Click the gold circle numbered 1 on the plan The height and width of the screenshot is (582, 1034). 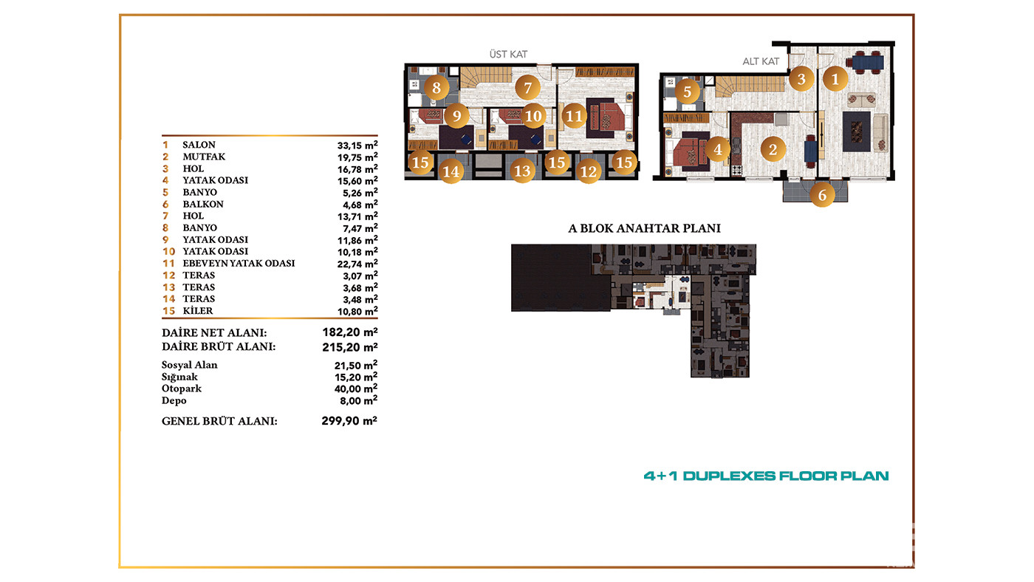(x=835, y=79)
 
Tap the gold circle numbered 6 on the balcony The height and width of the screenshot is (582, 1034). (x=822, y=195)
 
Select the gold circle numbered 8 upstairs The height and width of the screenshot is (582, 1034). (x=436, y=88)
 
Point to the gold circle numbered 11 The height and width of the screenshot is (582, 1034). (x=574, y=116)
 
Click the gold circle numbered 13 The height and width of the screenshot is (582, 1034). (x=522, y=171)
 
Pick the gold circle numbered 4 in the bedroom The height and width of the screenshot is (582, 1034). (x=717, y=149)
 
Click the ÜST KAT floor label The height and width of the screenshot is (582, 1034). (x=508, y=55)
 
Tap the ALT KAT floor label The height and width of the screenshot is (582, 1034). (x=761, y=61)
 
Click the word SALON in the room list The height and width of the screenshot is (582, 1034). (x=199, y=145)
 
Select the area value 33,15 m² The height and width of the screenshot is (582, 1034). (x=357, y=145)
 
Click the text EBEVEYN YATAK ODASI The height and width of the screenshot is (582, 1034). (x=239, y=263)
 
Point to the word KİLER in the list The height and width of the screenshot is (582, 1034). (x=198, y=311)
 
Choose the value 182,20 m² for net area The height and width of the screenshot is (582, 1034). (x=350, y=332)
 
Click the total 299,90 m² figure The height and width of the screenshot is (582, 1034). (x=349, y=420)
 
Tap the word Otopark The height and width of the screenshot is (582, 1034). (x=182, y=388)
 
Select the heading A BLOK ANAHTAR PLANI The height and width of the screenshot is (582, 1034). (x=644, y=228)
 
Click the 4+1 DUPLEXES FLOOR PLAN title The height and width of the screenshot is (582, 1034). (x=767, y=476)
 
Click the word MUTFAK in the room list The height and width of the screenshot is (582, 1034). (x=204, y=157)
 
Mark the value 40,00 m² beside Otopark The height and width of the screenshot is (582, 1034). (x=356, y=388)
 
